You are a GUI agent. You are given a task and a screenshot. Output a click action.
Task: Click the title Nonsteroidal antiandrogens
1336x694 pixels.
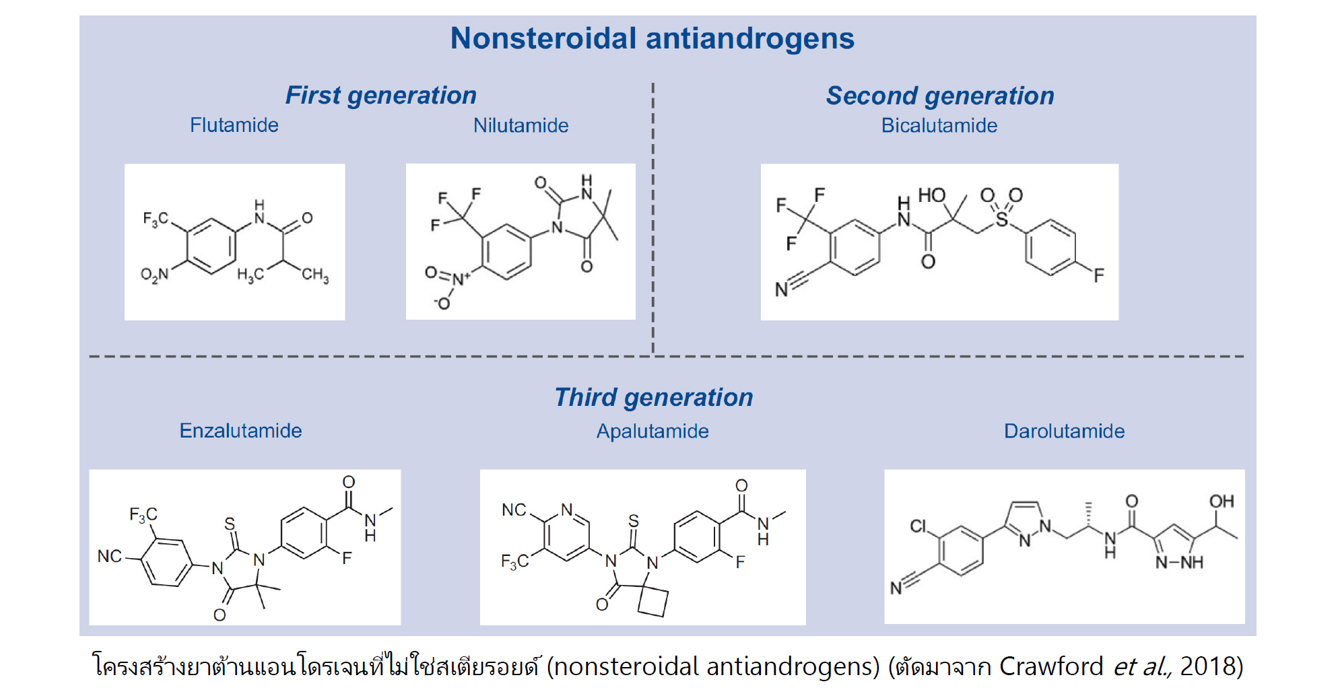pos(652,38)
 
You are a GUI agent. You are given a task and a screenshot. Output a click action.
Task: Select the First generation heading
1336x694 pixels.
pos(380,96)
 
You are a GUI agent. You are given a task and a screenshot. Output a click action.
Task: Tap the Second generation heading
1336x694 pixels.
pos(939,96)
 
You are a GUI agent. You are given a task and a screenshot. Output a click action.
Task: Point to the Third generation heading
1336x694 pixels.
pos(653,398)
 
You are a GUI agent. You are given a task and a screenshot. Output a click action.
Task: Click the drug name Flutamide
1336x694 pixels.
pos(234,125)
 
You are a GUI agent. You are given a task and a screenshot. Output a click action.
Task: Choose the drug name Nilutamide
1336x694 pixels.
pos(521,126)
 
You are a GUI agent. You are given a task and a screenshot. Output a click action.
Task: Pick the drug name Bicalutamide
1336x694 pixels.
pos(939,126)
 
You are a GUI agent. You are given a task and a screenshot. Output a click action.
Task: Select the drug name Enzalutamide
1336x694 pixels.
pos(240,431)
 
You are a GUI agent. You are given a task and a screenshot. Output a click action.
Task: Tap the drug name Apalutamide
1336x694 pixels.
pos(652,431)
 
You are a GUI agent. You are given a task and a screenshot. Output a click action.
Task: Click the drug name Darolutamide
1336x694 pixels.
pos(1064,431)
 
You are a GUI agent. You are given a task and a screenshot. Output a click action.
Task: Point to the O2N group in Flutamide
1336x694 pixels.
pos(154,275)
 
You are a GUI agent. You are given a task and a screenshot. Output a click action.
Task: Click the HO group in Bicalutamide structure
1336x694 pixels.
pos(932,195)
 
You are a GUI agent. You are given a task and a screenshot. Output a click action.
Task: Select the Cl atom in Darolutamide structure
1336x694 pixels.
pos(918,526)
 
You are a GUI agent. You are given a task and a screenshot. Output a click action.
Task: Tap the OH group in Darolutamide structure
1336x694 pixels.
pos(1221,501)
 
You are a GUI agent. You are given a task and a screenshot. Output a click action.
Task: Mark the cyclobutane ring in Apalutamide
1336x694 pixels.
pos(653,601)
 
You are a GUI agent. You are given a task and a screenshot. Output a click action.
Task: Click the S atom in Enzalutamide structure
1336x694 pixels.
pos(230,524)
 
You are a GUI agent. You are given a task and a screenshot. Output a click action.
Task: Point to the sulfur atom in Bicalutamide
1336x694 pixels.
pos(1001,219)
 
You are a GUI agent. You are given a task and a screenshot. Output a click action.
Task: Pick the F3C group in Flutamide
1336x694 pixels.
pos(156,219)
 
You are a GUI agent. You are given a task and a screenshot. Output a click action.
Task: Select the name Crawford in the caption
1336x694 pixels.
pos(1050,666)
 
